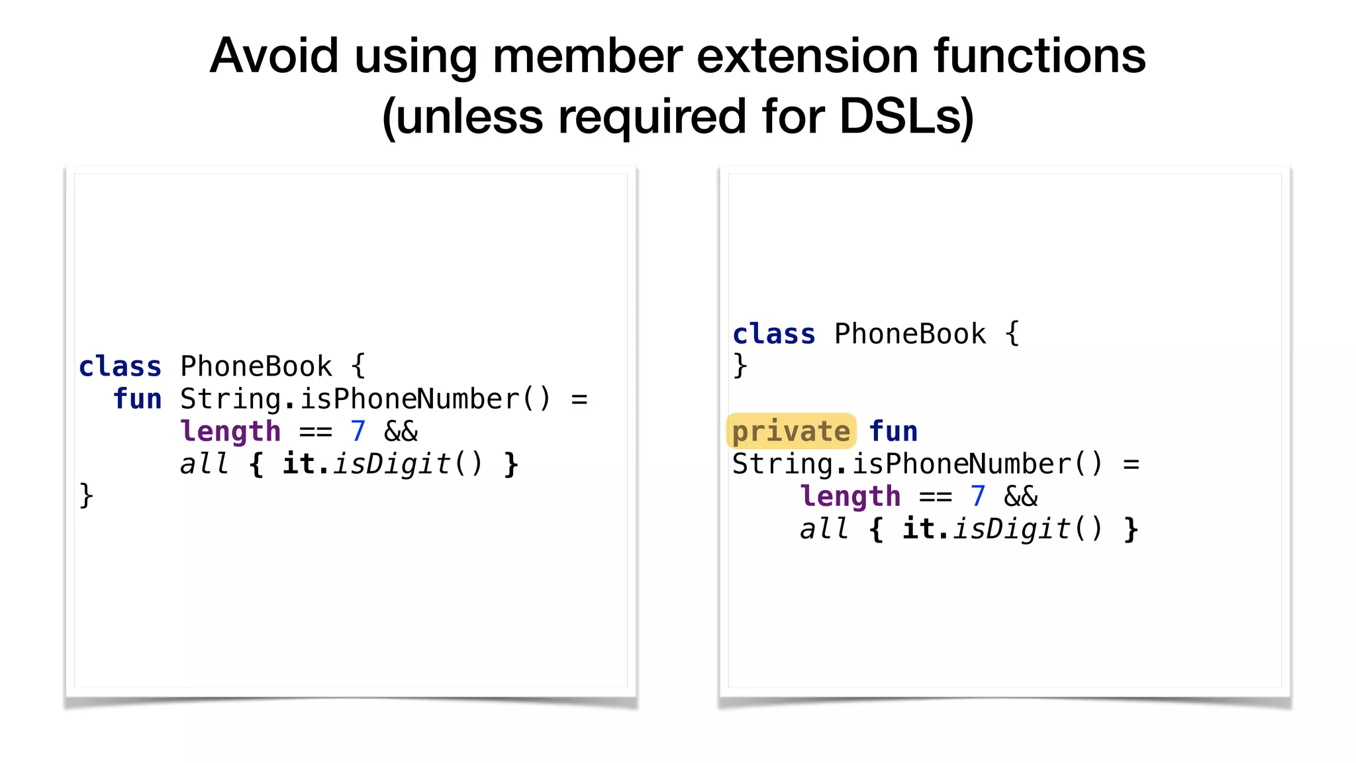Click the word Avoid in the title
[x=274, y=56]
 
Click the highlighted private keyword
[x=791, y=431]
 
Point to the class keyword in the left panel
[x=120, y=366]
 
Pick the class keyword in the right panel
[x=774, y=334]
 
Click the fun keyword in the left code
[x=137, y=399]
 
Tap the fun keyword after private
[x=893, y=431]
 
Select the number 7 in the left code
[x=358, y=431]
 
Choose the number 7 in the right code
[x=978, y=496]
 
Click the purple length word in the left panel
[x=230, y=432]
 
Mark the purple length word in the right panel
[x=850, y=497]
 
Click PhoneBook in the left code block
[x=256, y=366]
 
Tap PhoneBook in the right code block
[x=910, y=334]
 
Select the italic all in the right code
[x=824, y=529]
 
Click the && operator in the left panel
[x=401, y=432]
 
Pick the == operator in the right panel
[x=936, y=497]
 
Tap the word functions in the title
[x=1040, y=56]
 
